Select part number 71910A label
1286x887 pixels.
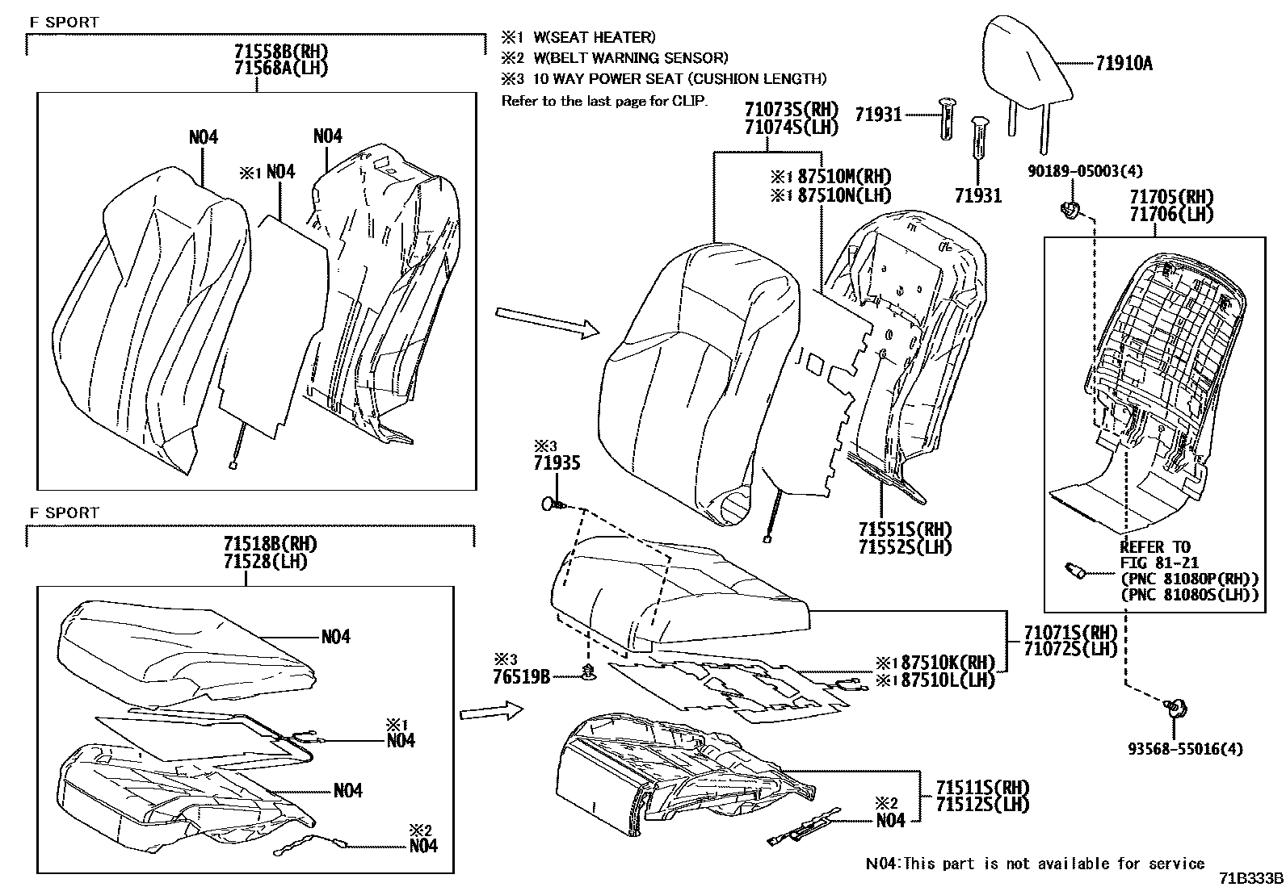1124,63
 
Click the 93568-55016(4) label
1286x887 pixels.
1185,749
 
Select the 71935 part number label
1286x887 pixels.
557,463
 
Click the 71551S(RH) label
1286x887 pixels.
905,529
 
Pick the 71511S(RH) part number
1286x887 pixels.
983,787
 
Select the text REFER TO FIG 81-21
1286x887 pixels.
1159,554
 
